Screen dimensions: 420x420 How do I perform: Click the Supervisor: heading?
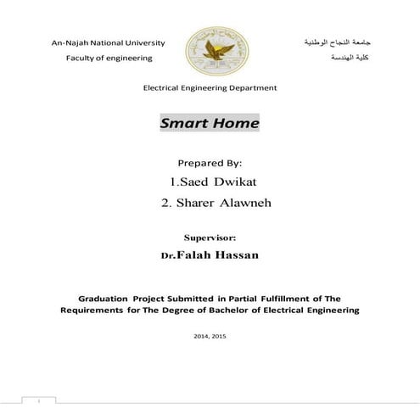click(210, 238)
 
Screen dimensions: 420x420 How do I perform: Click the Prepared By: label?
click(210, 162)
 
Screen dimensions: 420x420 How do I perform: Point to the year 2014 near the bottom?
click(200, 337)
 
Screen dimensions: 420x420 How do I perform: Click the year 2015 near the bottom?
click(219, 337)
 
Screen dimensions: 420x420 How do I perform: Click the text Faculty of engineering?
click(109, 58)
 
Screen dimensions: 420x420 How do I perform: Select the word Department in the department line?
click(251, 88)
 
